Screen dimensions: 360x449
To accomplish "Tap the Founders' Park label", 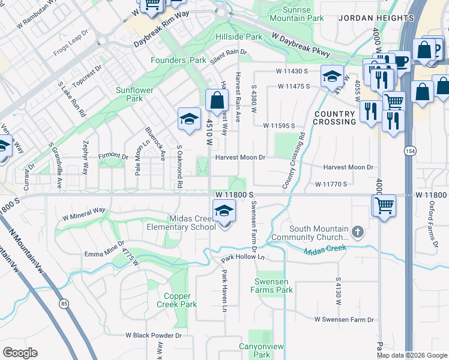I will click(x=178, y=61).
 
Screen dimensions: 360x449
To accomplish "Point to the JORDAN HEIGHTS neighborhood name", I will click(x=376, y=19).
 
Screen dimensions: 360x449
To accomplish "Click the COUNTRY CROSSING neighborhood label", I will click(x=334, y=118).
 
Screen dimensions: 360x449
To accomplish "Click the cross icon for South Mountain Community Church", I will click(x=357, y=231).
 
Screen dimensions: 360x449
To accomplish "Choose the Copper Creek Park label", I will click(x=180, y=300).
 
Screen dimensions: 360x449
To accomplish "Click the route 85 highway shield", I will click(x=64, y=304).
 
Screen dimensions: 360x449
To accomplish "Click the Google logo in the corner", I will click(x=20, y=353).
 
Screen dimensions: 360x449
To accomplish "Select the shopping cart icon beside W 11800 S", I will click(x=384, y=206).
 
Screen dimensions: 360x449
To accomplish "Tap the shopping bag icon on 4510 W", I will click(x=217, y=101).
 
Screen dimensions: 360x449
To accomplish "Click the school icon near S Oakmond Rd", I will click(x=189, y=119).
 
